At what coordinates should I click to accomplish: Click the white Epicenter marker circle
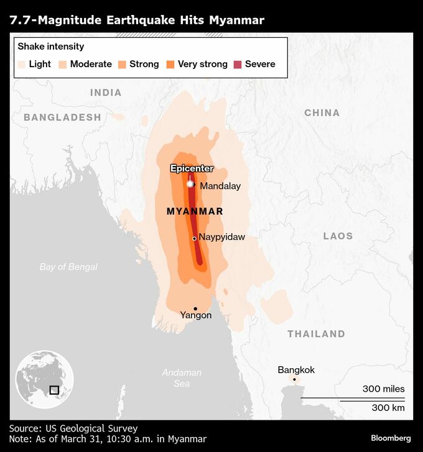pyautogui.click(x=190, y=184)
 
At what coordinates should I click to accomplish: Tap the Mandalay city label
pyautogui.click(x=220, y=186)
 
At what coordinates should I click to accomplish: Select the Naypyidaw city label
pyautogui.click(x=221, y=238)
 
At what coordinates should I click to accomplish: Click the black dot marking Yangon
pyautogui.click(x=195, y=308)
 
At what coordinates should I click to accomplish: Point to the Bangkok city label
pyautogui.click(x=296, y=370)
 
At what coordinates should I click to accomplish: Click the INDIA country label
pyautogui.click(x=106, y=93)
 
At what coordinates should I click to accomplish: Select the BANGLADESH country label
pyautogui.click(x=62, y=117)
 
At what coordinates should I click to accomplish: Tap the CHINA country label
pyautogui.click(x=322, y=113)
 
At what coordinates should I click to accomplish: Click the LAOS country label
pyautogui.click(x=338, y=236)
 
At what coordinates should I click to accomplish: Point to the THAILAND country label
pyautogui.click(x=316, y=334)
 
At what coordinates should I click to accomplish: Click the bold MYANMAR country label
pyautogui.click(x=195, y=211)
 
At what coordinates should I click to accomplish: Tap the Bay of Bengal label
pyautogui.click(x=68, y=267)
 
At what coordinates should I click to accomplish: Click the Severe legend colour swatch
pyautogui.click(x=237, y=64)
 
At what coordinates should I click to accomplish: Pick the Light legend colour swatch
pyautogui.click(x=22, y=64)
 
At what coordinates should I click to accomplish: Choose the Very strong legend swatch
pyautogui.click(x=170, y=64)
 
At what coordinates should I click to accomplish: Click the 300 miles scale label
pyautogui.click(x=383, y=389)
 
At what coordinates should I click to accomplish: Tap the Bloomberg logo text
pyautogui.click(x=391, y=438)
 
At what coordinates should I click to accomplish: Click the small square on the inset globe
pyautogui.click(x=54, y=390)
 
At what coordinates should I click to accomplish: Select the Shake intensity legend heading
pyautogui.click(x=51, y=47)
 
